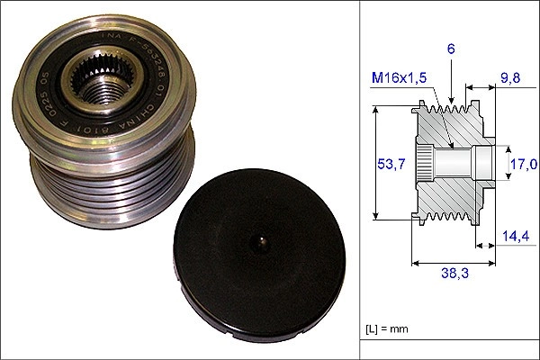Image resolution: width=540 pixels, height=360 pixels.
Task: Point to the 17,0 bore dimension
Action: pyautogui.click(x=523, y=164)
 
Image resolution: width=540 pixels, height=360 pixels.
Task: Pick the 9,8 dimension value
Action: pyautogui.click(x=511, y=77)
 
